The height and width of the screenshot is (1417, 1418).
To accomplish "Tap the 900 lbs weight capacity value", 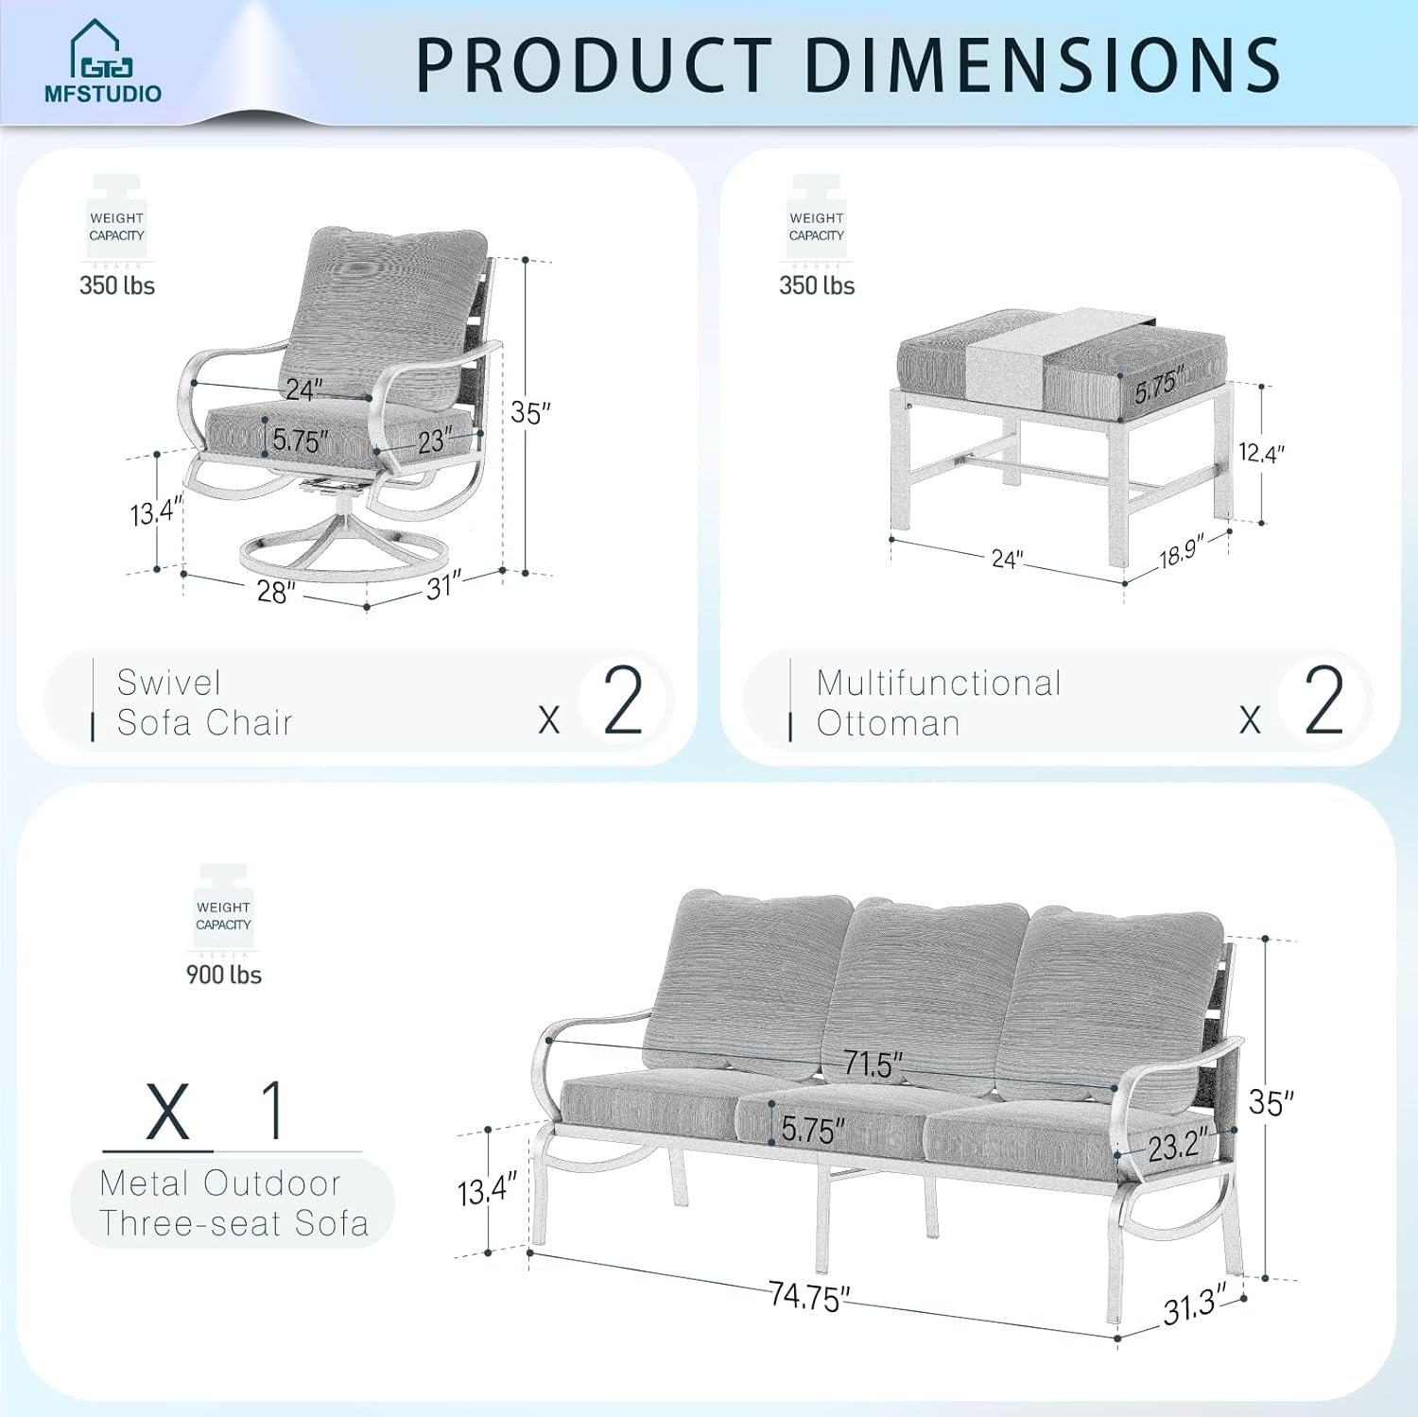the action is pyautogui.click(x=224, y=975).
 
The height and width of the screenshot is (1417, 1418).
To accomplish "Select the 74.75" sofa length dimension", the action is pyautogui.click(x=809, y=1296).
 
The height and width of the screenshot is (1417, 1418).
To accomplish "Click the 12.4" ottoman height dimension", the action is pyautogui.click(x=1262, y=453).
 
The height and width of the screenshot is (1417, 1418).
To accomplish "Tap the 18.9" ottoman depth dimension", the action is pyautogui.click(x=1182, y=551).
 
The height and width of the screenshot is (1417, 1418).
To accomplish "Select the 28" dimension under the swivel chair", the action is pyautogui.click(x=276, y=592).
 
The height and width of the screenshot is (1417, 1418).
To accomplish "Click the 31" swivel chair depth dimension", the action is pyautogui.click(x=443, y=586).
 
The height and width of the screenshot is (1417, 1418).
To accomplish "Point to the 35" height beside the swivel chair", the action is pyautogui.click(x=530, y=413).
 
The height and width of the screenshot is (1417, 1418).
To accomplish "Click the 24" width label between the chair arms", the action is pyautogui.click(x=304, y=389).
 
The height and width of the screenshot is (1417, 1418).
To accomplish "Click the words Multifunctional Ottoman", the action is pyautogui.click(x=939, y=702).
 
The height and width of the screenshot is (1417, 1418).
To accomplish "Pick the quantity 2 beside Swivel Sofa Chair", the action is pyautogui.click(x=623, y=700).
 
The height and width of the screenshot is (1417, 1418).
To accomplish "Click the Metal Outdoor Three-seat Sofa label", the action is pyautogui.click(x=233, y=1203).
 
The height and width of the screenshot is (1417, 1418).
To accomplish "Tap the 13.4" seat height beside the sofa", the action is pyautogui.click(x=488, y=1189).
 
